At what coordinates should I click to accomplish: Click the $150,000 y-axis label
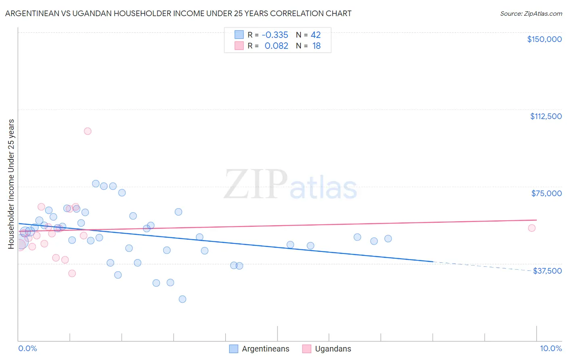coord(544,39)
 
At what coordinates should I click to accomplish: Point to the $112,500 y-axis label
coord(546,116)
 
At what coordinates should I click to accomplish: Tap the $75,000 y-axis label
coord(546,193)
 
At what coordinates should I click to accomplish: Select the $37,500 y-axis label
coord(547,271)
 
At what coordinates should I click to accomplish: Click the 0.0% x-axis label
coord(27,348)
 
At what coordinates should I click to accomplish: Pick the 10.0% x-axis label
coord(550,348)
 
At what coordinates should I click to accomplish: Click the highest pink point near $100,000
coord(88,131)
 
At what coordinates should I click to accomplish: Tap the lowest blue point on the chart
coord(182,299)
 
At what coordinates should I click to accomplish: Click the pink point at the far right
coord(532,228)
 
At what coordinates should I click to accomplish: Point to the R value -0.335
coord(275,35)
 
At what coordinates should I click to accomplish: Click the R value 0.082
coord(276,46)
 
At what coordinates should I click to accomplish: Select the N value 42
coord(316,35)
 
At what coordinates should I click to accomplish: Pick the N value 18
coord(317,46)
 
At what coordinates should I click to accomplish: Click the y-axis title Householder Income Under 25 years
coord(11,184)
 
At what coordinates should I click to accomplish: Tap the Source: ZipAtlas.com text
coord(531,14)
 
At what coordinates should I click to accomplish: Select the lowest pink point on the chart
coord(72,273)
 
